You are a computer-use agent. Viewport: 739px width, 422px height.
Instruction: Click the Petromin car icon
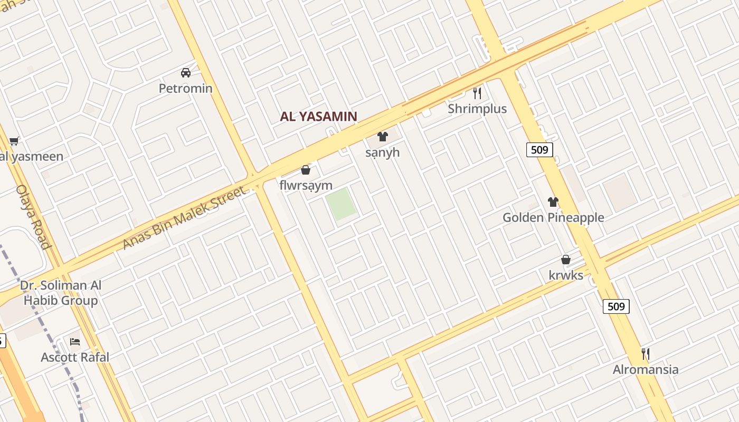tap(186, 73)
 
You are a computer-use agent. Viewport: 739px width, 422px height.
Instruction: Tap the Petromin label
tap(186, 88)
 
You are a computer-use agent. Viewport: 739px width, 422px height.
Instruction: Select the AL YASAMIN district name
tap(318, 117)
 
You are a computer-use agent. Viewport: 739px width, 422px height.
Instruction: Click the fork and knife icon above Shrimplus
tap(477, 93)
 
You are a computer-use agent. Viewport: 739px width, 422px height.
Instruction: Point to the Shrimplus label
tap(477, 109)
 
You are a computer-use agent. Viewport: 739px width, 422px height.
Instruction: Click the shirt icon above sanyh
tap(383, 137)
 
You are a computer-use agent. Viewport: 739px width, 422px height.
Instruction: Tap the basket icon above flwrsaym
tap(305, 170)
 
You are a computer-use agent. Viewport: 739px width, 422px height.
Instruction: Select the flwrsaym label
tap(306, 185)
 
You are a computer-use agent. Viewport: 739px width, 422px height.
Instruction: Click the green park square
tap(340, 204)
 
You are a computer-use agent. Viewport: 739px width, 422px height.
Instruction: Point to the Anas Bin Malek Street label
tap(184, 218)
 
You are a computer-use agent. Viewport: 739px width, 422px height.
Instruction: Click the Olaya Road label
tap(33, 216)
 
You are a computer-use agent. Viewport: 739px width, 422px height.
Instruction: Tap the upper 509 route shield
tap(539, 150)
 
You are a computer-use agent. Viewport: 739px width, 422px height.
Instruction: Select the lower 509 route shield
tap(616, 306)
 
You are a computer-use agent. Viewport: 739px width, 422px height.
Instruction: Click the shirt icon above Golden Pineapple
tap(553, 202)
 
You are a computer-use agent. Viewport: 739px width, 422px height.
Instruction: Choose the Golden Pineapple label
tap(553, 217)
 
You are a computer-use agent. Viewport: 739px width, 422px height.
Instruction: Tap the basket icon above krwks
tap(566, 260)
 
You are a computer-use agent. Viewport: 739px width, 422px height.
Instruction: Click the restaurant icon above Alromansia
tap(645, 353)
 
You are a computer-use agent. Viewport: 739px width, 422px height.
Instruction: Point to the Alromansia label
tap(646, 369)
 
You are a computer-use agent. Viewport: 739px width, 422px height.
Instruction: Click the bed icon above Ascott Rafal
tap(75, 342)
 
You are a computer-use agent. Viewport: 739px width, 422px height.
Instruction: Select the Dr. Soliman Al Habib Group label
tap(61, 293)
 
